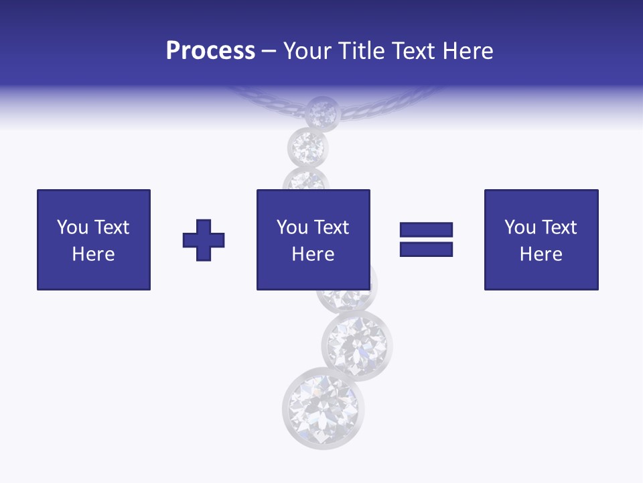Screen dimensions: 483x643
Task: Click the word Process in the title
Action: coord(210,51)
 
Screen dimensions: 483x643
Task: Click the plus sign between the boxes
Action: coord(204,240)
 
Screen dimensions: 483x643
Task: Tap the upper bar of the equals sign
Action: coord(426,229)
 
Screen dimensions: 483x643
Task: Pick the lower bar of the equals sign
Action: coord(426,249)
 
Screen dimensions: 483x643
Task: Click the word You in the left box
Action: coord(72,227)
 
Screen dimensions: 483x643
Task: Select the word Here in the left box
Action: coord(93,254)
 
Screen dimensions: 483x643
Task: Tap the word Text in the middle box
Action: coord(332,227)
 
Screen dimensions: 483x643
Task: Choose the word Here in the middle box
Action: coord(313,254)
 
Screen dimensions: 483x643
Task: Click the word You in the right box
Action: coord(520,227)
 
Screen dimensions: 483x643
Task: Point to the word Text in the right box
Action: coord(559,227)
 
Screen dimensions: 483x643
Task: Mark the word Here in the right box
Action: coord(541,254)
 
